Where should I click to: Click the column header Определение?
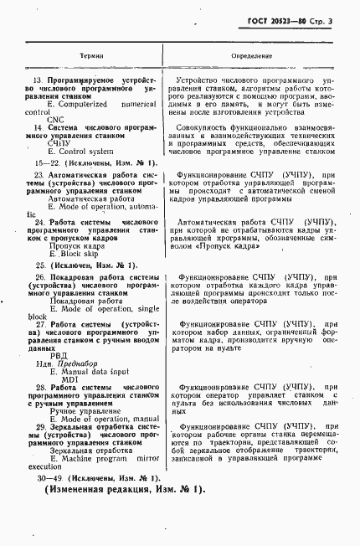coord(255,56)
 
